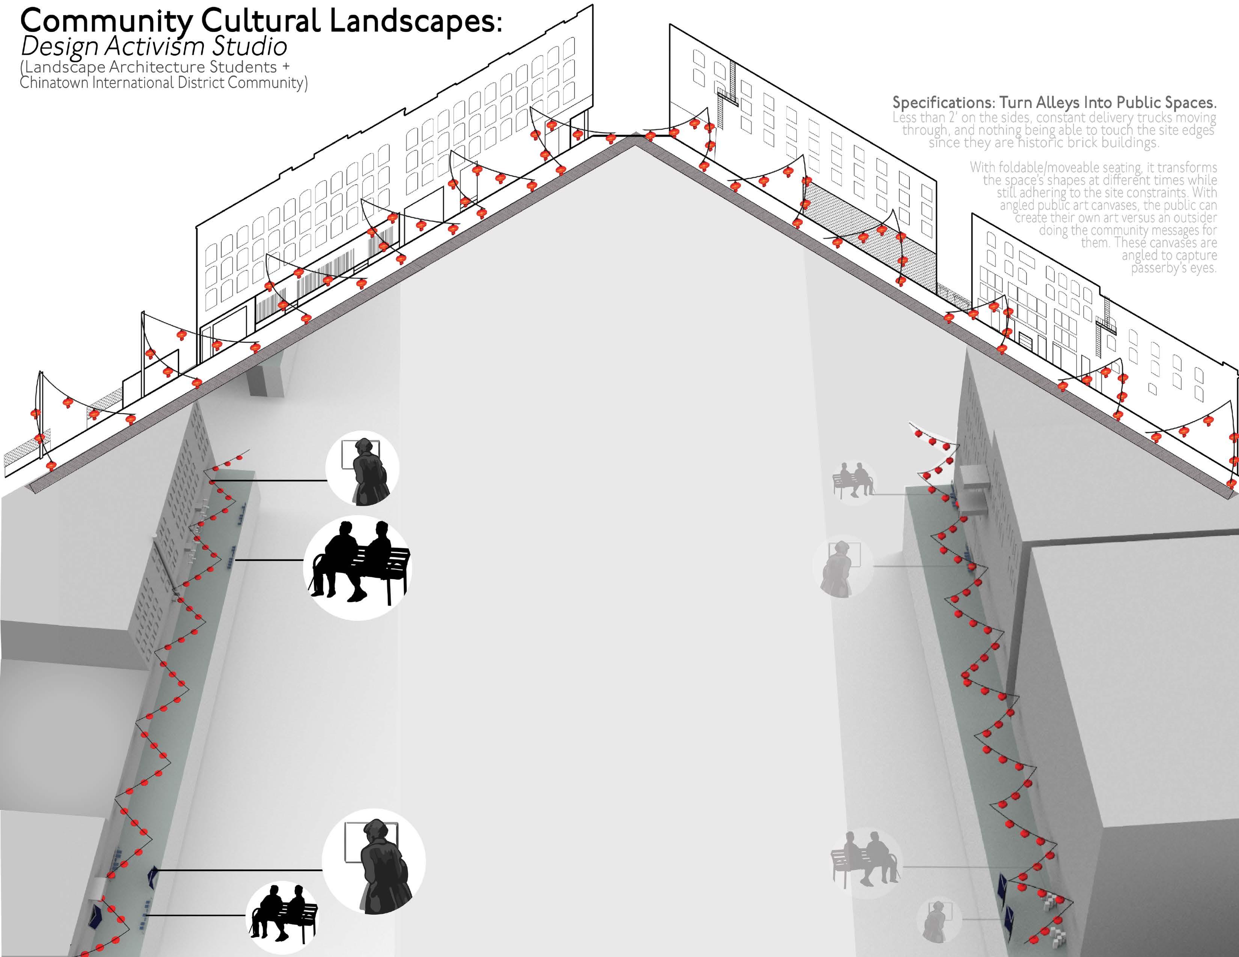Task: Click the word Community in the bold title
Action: pyautogui.click(x=106, y=21)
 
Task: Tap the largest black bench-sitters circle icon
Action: pyautogui.click(x=358, y=567)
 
